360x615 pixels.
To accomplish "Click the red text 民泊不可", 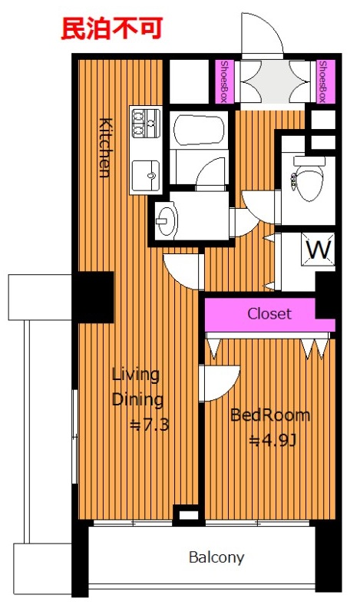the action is coord(112,28).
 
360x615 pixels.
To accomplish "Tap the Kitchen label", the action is coord(104,147).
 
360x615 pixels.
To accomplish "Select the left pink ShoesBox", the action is coord(224,81).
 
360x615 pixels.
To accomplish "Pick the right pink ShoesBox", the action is coord(325,81).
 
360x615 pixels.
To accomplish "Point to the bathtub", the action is coord(199,130).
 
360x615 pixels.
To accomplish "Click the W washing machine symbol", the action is coord(318,249).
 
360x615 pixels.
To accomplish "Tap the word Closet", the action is coord(269,314).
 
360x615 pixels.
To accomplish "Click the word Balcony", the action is coord(216,557).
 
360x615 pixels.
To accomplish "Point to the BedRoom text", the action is coord(269,415).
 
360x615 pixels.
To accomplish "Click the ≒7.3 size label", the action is coord(149,425).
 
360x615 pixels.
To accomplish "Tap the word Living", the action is coord(136,375).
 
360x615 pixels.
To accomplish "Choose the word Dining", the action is coord(137,401).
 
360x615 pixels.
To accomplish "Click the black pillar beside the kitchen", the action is coord(94,296).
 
